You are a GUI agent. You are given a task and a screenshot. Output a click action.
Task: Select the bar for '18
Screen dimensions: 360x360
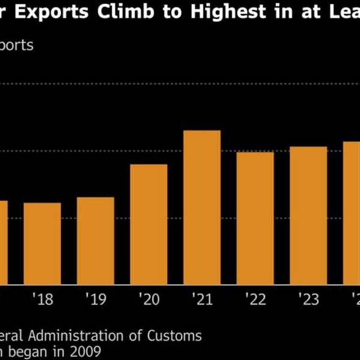[x=43, y=243]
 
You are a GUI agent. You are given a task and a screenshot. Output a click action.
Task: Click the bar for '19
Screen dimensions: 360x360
[x=95, y=240]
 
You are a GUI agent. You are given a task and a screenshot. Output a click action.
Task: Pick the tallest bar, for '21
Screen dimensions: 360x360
[x=202, y=207]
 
